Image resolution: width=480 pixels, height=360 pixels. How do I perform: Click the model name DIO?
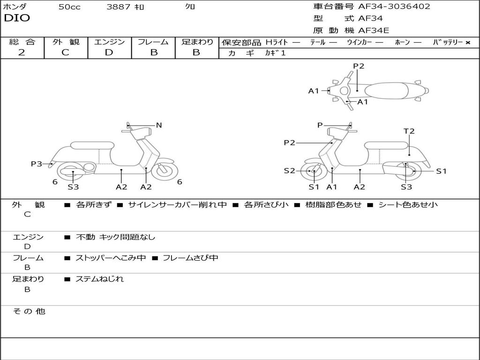point(17,18)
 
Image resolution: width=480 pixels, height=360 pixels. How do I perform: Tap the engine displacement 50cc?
point(69,7)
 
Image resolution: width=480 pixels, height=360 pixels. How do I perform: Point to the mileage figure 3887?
point(118,7)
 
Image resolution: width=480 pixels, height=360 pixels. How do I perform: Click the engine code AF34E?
point(373,31)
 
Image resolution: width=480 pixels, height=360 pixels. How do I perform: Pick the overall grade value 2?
point(22,52)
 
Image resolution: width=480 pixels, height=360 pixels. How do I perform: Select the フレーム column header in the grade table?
point(153,42)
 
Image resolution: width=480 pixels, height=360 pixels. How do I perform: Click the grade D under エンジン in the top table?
point(109,52)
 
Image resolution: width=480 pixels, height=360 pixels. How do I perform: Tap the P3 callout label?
point(37,164)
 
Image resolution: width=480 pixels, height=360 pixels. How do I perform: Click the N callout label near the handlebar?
point(159,125)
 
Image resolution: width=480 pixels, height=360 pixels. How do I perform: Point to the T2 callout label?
point(409,131)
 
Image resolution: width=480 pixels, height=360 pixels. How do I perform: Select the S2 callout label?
point(289,171)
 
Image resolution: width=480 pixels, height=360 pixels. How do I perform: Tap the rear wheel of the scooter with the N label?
point(73,172)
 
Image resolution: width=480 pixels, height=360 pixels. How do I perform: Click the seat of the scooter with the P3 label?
point(92,145)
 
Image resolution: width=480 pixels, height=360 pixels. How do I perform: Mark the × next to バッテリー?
point(467,43)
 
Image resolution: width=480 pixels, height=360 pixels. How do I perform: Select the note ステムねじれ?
point(99,279)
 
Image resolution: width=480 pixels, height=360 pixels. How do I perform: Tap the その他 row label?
point(29,311)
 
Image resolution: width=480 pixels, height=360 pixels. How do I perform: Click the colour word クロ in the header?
point(190,7)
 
